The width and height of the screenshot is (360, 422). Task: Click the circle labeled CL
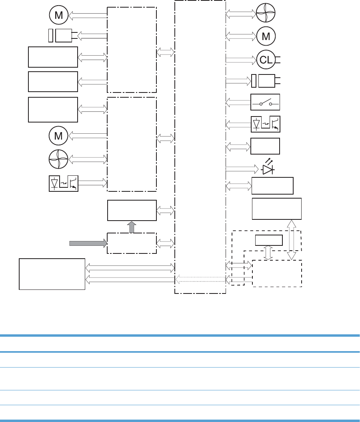tap(266, 60)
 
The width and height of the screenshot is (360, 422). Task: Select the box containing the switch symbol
tap(265, 102)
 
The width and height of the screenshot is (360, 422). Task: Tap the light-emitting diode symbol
tap(268, 167)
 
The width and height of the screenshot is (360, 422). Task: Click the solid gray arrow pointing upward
tap(132, 227)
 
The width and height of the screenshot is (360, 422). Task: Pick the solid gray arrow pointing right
tap(88, 243)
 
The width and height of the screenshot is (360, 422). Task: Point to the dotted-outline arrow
tap(200, 279)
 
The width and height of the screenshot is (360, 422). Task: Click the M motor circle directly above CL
tap(266, 36)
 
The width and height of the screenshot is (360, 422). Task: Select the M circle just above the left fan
tap(58, 136)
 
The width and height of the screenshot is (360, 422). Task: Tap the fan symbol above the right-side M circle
tap(266, 13)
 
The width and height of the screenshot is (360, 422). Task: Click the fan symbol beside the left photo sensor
tap(58, 159)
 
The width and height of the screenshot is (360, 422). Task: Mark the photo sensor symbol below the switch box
tap(265, 124)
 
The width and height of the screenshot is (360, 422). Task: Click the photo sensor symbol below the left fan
tap(64, 183)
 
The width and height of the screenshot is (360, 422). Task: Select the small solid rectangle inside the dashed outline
tap(269, 240)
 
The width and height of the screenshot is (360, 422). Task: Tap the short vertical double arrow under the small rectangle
tap(268, 253)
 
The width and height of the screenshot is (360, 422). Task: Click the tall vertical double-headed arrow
tap(292, 239)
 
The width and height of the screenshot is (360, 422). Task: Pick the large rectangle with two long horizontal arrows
tap(52, 274)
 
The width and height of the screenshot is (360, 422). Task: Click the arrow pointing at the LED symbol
tap(242, 169)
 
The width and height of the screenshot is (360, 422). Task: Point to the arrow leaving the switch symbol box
tap(238, 102)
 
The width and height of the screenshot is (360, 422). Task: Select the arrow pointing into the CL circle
tap(241, 60)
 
